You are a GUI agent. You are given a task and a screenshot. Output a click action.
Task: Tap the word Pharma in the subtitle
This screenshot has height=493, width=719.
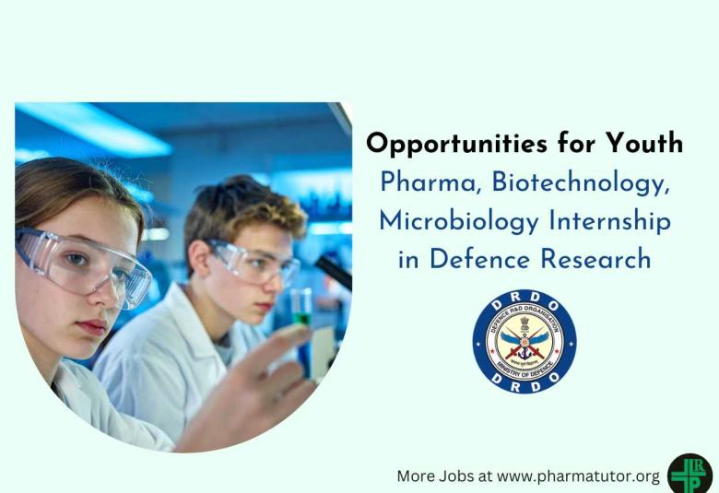pos(430,182)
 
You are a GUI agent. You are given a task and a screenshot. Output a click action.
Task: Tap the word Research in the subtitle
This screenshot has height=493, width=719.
pos(595,260)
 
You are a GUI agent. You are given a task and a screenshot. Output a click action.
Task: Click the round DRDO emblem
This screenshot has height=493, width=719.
pos(525,342)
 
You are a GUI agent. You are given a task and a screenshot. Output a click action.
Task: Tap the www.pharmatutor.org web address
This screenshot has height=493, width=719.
pos(579,476)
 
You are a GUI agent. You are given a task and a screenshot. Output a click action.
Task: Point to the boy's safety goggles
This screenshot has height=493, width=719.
pos(253,262)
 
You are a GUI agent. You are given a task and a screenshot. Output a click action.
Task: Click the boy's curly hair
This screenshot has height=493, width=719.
pos(245,207)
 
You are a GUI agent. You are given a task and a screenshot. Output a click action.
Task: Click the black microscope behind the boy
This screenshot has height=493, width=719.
pos(332,272)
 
